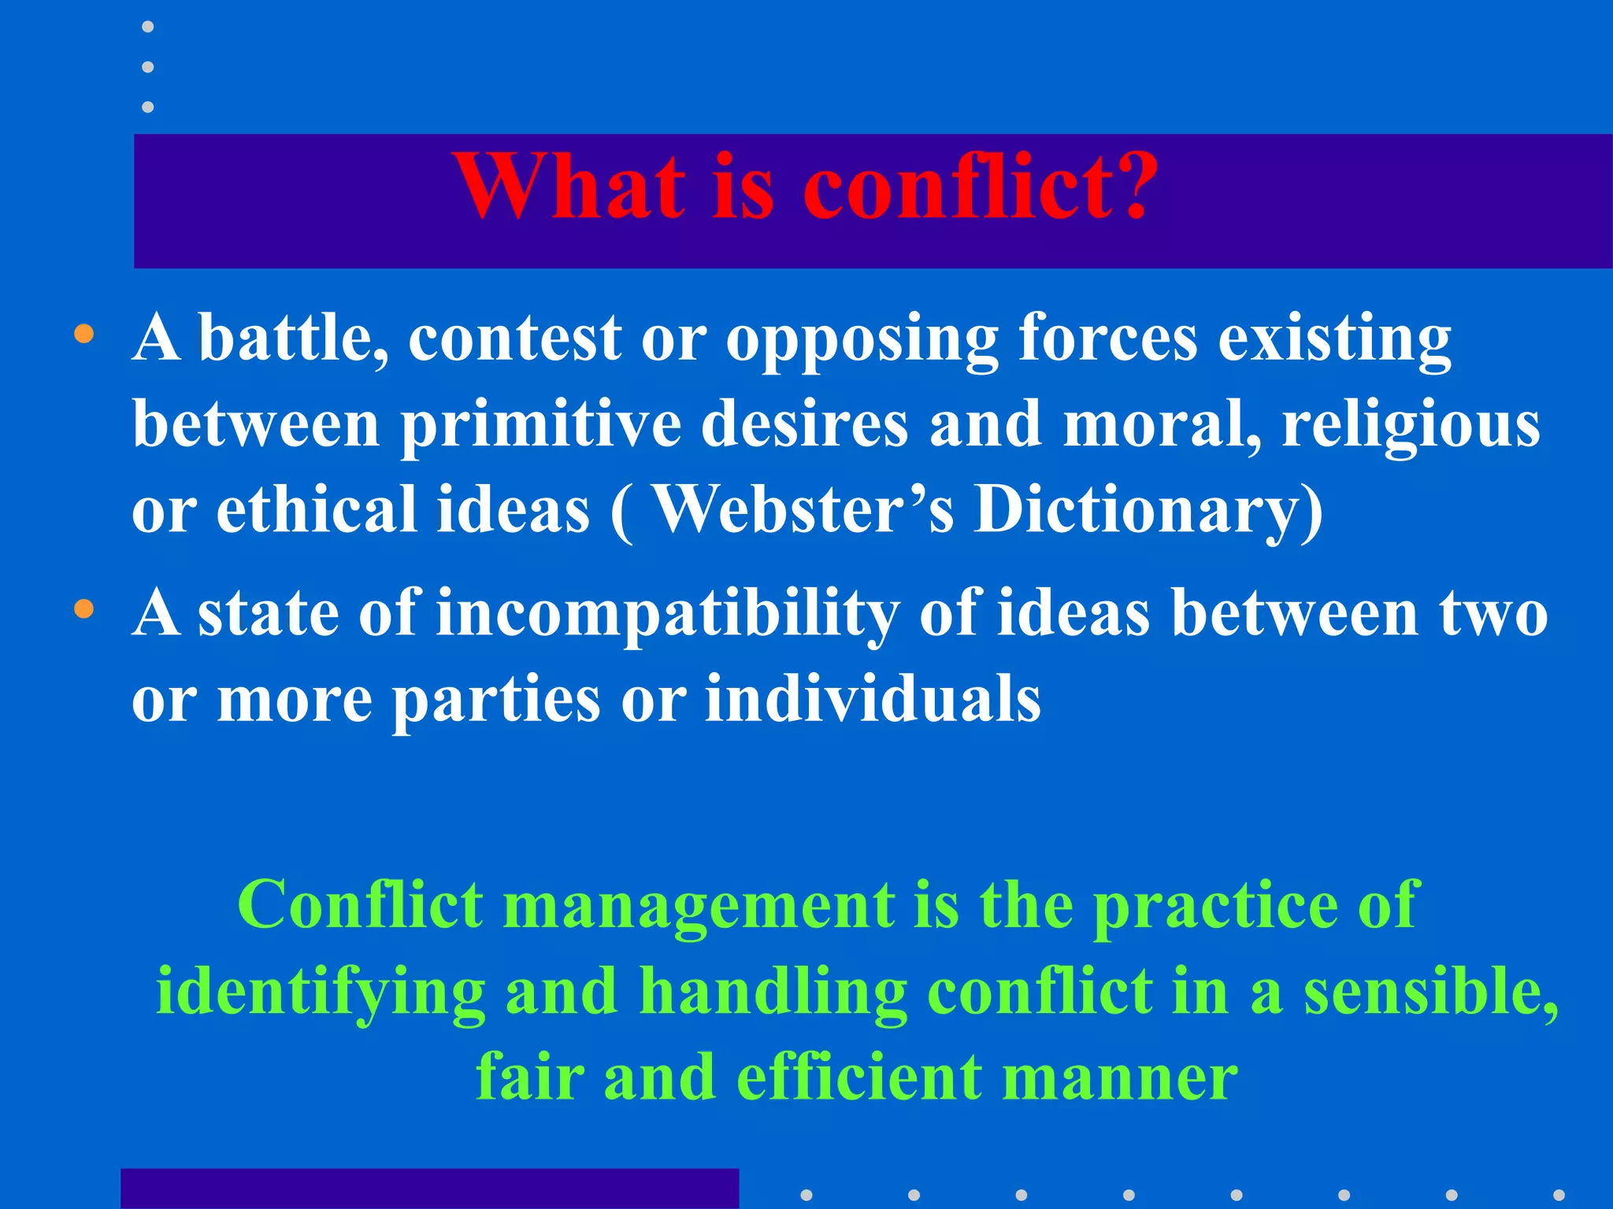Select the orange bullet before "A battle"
click(x=83, y=334)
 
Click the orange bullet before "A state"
click(x=83, y=608)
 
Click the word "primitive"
click(x=541, y=426)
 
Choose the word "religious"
click(x=1410, y=426)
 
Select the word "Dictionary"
click(x=1148, y=512)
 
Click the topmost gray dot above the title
click(x=147, y=28)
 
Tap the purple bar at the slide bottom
click(x=429, y=1189)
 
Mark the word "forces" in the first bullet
click(x=1107, y=338)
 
